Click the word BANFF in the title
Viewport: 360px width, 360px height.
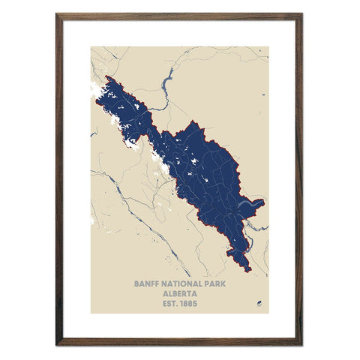coord(147,285)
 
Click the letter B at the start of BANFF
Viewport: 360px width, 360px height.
coord(136,285)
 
